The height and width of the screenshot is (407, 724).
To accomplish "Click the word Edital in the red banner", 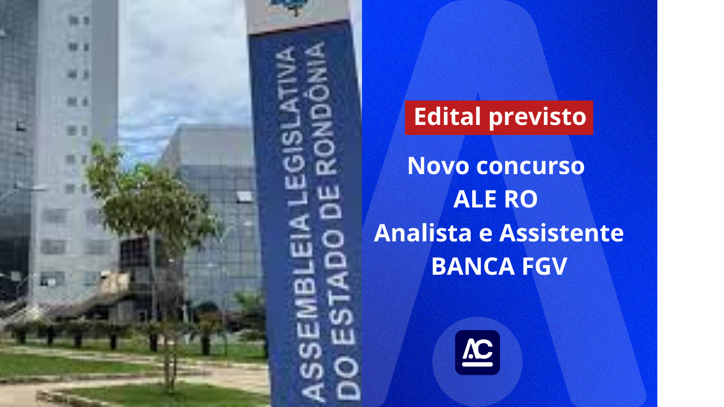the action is [447, 116].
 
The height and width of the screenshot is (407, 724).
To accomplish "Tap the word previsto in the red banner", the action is [537, 118].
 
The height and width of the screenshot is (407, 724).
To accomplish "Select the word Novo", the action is [438, 166].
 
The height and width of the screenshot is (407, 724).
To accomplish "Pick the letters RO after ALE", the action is [520, 200].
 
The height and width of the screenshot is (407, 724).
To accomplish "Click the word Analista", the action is [423, 233].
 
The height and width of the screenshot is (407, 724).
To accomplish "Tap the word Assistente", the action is [562, 233].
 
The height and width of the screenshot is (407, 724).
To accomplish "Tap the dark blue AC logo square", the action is [477, 352].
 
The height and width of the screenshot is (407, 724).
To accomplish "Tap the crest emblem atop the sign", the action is [288, 6].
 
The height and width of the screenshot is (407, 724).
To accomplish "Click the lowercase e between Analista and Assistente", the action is [485, 234].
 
